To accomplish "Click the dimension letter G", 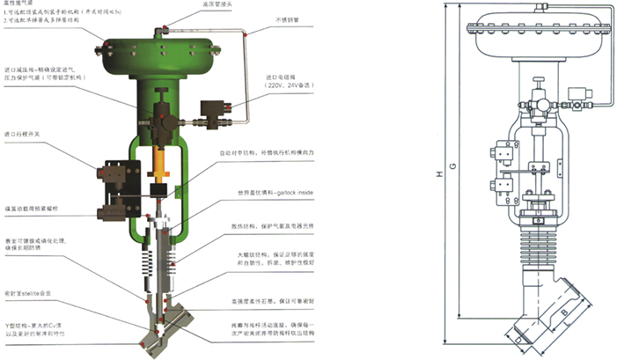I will (x=452, y=165).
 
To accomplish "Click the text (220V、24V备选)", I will (x=288, y=86).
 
